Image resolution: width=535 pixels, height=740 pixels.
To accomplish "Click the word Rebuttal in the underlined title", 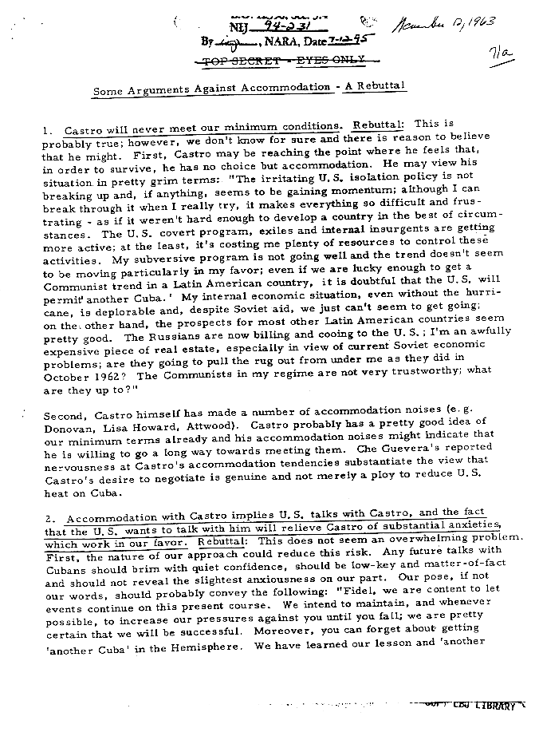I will pos(382,86).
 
